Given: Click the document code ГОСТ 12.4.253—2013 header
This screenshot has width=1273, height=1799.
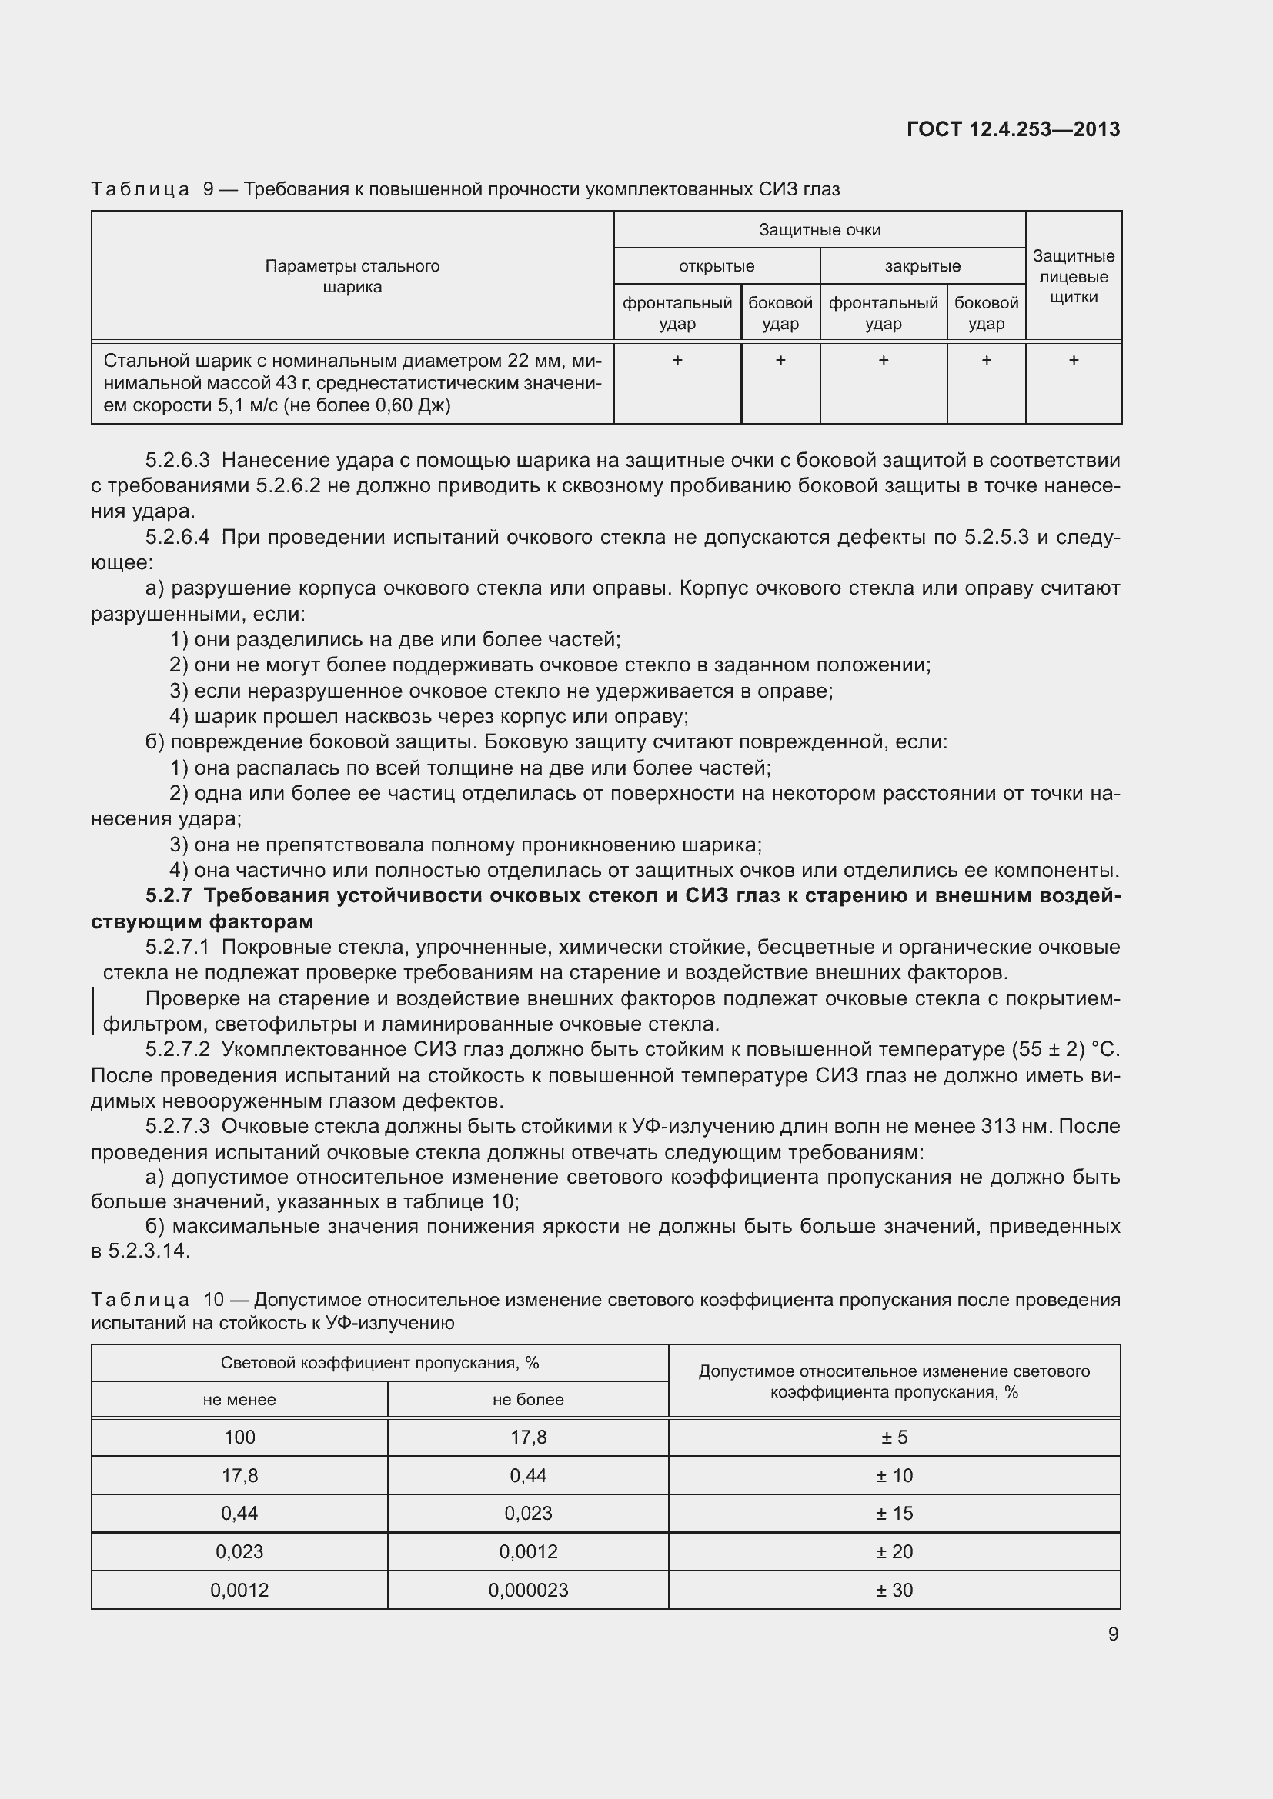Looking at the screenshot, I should point(1013,129).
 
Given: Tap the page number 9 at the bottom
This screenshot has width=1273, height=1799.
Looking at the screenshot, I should point(1113,1634).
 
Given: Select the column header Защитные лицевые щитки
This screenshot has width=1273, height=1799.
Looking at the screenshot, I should point(1073,277).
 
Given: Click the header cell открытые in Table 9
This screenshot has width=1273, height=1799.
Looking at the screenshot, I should point(717,266).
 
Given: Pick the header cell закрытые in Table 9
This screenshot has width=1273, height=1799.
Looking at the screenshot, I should point(923,266).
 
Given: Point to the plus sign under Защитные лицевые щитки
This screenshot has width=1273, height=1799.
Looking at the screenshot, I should point(1073,361).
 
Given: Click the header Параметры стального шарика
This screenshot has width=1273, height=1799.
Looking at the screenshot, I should point(352,277).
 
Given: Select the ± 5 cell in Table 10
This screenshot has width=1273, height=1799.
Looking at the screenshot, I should point(894,1437).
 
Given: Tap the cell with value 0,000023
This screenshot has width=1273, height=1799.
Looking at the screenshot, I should point(527,1590).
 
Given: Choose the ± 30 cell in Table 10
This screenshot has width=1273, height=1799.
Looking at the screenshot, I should point(894,1590).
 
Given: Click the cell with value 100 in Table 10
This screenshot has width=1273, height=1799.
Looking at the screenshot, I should point(239,1437).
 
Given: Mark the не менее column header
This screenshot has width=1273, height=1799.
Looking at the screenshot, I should point(239,1399).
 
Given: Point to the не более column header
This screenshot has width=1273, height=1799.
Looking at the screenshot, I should point(527,1399).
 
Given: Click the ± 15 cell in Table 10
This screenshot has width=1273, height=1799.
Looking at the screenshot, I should point(894,1513).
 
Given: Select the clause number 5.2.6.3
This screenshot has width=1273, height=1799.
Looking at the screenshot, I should point(177,460).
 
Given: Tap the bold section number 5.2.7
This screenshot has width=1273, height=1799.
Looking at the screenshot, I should point(169,895).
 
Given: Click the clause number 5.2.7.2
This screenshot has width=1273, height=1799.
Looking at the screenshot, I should point(177,1049).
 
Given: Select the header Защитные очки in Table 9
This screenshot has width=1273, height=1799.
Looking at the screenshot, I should point(819,229).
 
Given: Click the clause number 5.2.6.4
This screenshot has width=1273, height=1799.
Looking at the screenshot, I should point(177,537).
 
